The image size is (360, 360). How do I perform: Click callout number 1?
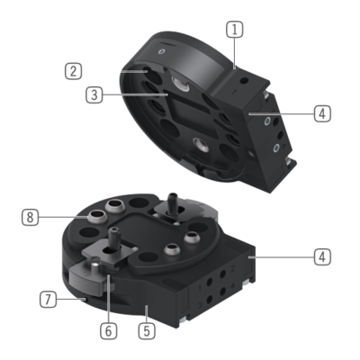pyautogui.click(x=235, y=30)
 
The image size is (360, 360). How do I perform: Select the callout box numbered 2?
pyautogui.click(x=74, y=71)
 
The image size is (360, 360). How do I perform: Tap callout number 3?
pyautogui.click(x=94, y=94)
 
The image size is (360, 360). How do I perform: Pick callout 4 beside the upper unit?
pyautogui.click(x=322, y=113)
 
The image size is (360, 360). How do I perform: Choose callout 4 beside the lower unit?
pyautogui.click(x=322, y=257)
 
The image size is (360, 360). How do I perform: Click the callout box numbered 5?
pyautogui.click(x=147, y=331)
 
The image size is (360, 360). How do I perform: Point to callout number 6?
pyautogui.click(x=108, y=331)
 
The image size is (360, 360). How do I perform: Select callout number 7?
pyautogui.click(x=48, y=300)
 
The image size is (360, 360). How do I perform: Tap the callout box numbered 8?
pyautogui.click(x=30, y=217)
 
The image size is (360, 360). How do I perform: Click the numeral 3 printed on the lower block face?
pyautogui.click(x=200, y=306)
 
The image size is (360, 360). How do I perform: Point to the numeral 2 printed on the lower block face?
pyautogui.click(x=232, y=268)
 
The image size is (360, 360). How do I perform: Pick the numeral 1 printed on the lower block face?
pyautogui.click(x=200, y=288)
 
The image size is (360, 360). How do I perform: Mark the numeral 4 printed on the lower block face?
pyautogui.click(x=232, y=285)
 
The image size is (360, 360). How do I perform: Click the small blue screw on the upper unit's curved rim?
pyautogui.click(x=162, y=51)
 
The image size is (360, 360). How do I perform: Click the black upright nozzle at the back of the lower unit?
pyautogui.click(x=172, y=203)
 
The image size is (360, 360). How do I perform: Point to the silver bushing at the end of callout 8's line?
pyautogui.click(x=96, y=216)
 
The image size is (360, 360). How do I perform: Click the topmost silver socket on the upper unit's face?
pyautogui.click(x=180, y=83)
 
